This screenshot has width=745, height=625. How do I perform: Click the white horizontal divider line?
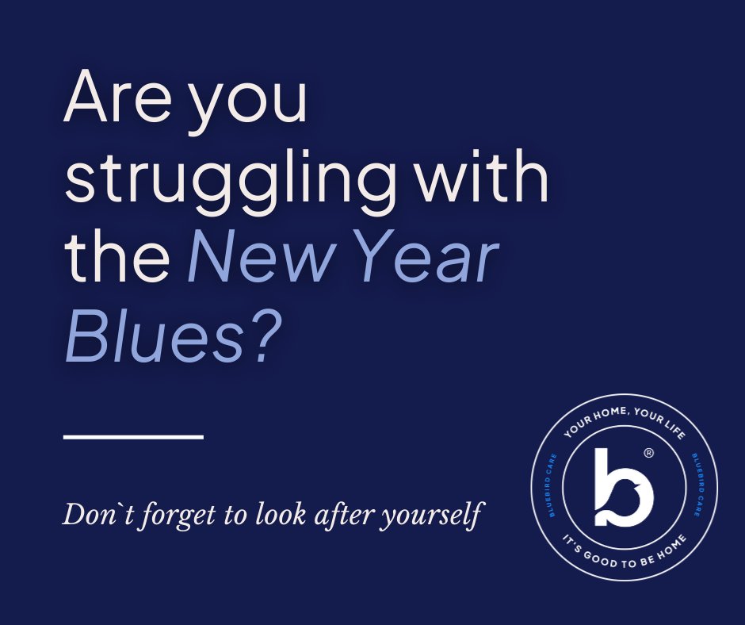(x=133, y=436)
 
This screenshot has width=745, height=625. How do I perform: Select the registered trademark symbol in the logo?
(x=648, y=454)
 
